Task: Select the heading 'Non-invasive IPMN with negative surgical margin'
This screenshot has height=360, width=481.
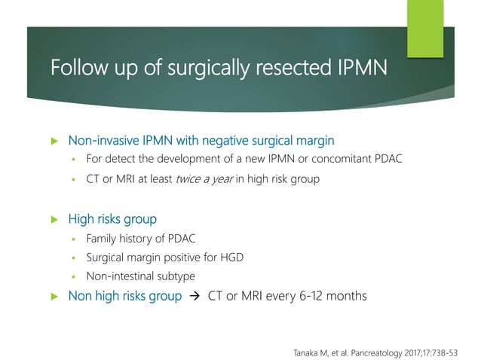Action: point(201,140)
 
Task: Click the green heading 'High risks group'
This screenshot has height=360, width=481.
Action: point(112,219)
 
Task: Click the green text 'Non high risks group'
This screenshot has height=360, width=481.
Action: point(124,296)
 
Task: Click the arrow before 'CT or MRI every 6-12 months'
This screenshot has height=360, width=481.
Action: point(194,297)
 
